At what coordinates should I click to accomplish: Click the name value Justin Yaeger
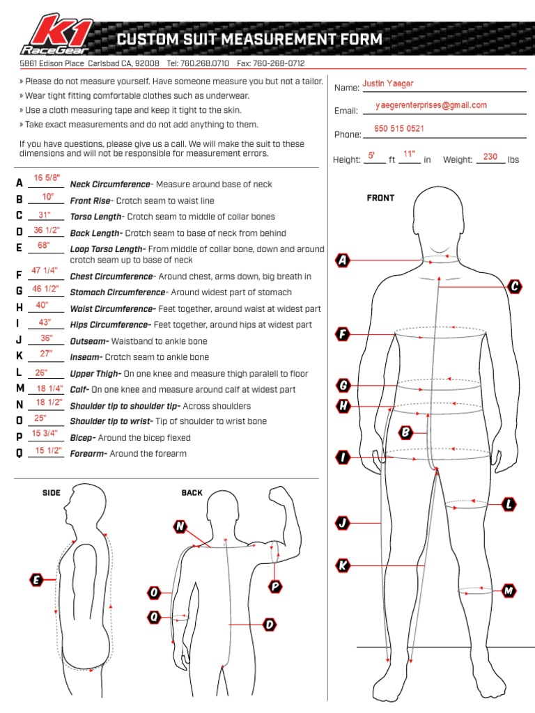click(x=387, y=84)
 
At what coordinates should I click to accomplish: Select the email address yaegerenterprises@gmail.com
click(x=431, y=105)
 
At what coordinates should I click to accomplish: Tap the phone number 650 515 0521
click(x=399, y=129)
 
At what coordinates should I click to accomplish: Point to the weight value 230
click(x=490, y=157)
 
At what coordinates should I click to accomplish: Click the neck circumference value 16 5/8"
click(x=47, y=179)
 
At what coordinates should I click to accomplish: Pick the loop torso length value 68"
click(x=44, y=245)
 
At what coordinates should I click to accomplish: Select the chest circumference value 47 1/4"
click(x=45, y=270)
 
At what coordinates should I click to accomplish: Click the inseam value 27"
click(x=46, y=354)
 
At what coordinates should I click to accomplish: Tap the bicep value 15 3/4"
click(x=45, y=434)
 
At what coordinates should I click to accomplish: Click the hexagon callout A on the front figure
click(x=342, y=260)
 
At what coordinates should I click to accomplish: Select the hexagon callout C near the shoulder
click(x=515, y=286)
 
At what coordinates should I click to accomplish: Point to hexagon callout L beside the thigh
click(x=509, y=503)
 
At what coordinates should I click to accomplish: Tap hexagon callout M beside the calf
click(x=509, y=591)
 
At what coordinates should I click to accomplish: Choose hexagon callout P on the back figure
click(x=275, y=586)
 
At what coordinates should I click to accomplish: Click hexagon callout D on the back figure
click(x=270, y=625)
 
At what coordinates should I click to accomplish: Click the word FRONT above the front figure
click(x=380, y=198)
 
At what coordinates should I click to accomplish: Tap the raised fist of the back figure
click(x=281, y=496)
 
